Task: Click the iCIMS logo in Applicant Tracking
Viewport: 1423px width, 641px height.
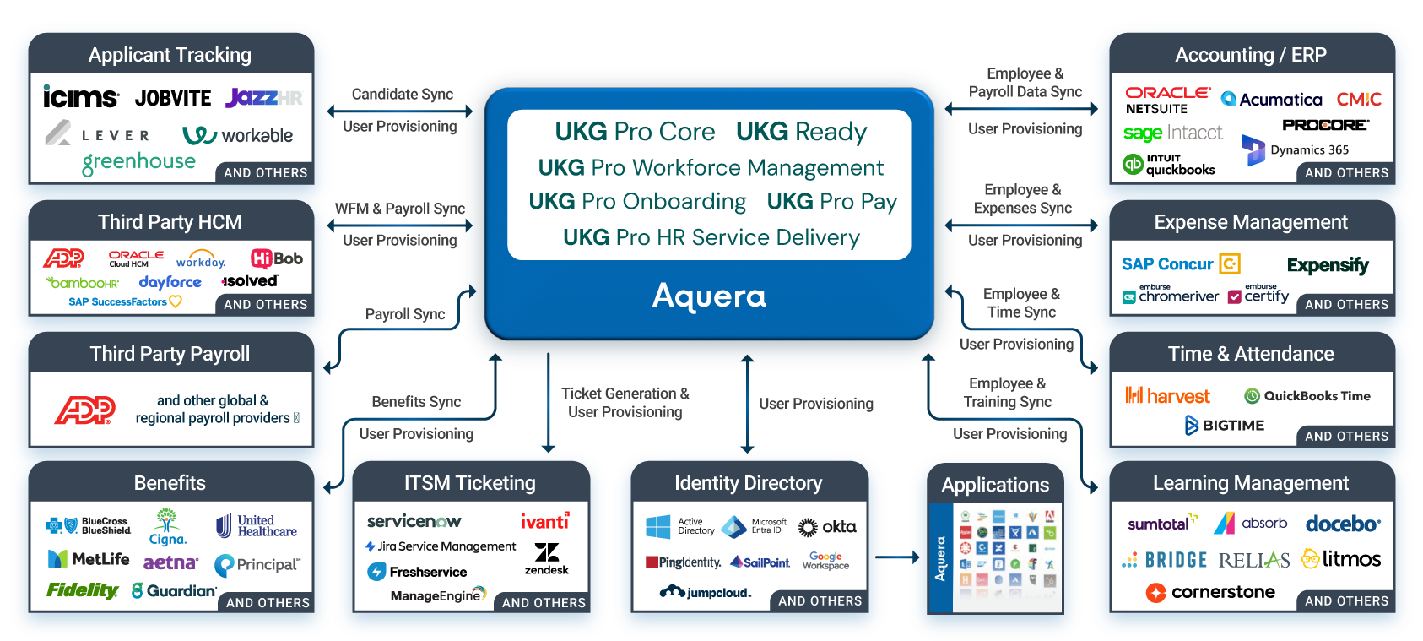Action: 80,97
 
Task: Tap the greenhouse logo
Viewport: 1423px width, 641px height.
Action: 138,162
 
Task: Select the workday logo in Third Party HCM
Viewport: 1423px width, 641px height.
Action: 201,259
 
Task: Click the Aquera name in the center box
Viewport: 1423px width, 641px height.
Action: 709,296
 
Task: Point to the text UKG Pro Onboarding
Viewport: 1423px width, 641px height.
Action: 637,202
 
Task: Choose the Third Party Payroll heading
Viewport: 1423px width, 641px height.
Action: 170,354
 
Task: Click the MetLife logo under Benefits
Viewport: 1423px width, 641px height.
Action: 89,559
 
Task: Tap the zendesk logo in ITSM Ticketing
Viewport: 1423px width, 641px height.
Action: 547,558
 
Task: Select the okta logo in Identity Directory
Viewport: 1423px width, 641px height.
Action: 828,527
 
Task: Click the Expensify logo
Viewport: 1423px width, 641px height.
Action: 1328,265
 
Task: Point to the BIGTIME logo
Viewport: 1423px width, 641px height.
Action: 1225,426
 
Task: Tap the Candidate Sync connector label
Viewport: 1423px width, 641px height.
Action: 402,95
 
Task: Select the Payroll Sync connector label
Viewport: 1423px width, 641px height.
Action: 404,314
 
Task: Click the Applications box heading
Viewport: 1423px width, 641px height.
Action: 995,485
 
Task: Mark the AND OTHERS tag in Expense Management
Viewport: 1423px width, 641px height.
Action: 1346,305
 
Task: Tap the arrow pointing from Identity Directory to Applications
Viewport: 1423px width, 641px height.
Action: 898,557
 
